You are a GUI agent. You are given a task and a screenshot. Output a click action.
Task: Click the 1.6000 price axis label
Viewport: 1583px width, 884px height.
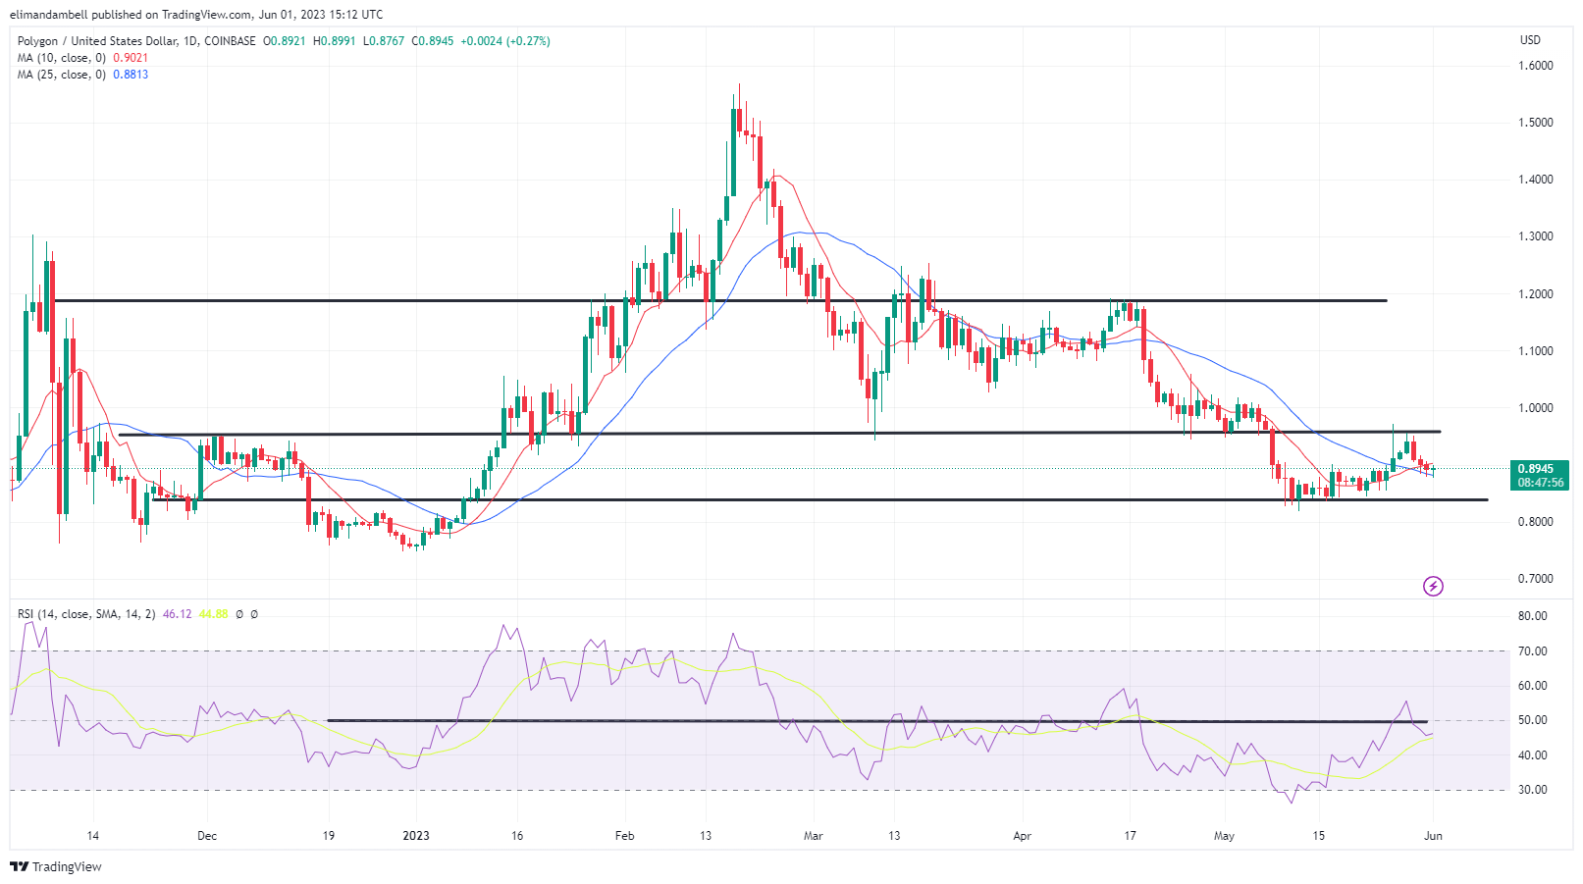coord(1535,66)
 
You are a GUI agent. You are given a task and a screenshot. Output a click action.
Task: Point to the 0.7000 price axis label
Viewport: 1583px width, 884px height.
coord(1535,579)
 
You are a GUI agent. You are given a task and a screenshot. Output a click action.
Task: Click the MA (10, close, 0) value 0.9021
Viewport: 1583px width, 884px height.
coord(131,58)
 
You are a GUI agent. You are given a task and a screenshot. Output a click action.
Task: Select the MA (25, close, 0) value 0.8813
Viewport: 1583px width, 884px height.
coord(131,75)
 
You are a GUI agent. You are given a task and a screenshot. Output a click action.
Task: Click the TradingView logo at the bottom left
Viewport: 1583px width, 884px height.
coord(56,866)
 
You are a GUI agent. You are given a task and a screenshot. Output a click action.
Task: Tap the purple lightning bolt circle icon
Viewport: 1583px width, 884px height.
coord(1433,587)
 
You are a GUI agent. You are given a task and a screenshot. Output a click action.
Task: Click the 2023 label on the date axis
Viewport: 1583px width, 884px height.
coord(416,836)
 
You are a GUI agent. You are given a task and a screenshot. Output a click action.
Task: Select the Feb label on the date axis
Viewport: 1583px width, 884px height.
coord(624,836)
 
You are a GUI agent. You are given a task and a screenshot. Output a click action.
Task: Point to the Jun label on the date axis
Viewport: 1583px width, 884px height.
coord(1433,836)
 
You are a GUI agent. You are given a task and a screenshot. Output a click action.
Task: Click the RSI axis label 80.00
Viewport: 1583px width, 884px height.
coord(1532,616)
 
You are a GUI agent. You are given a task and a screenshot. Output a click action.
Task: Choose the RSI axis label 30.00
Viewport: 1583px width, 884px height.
coord(1532,790)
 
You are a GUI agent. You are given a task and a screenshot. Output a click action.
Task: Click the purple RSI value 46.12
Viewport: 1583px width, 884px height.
coord(177,614)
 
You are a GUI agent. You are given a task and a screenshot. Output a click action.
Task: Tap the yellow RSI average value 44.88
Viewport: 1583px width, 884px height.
coord(213,614)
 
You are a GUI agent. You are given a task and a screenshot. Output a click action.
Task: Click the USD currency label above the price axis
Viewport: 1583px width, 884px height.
coord(1530,40)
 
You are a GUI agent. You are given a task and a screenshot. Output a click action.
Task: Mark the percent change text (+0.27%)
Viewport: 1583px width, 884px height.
coord(528,41)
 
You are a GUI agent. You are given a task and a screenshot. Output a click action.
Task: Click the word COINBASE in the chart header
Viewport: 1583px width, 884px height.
coord(230,41)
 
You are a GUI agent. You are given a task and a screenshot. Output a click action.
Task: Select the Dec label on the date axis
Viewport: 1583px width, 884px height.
coord(206,836)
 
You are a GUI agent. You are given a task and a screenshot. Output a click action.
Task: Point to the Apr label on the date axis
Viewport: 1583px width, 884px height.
coord(1022,836)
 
